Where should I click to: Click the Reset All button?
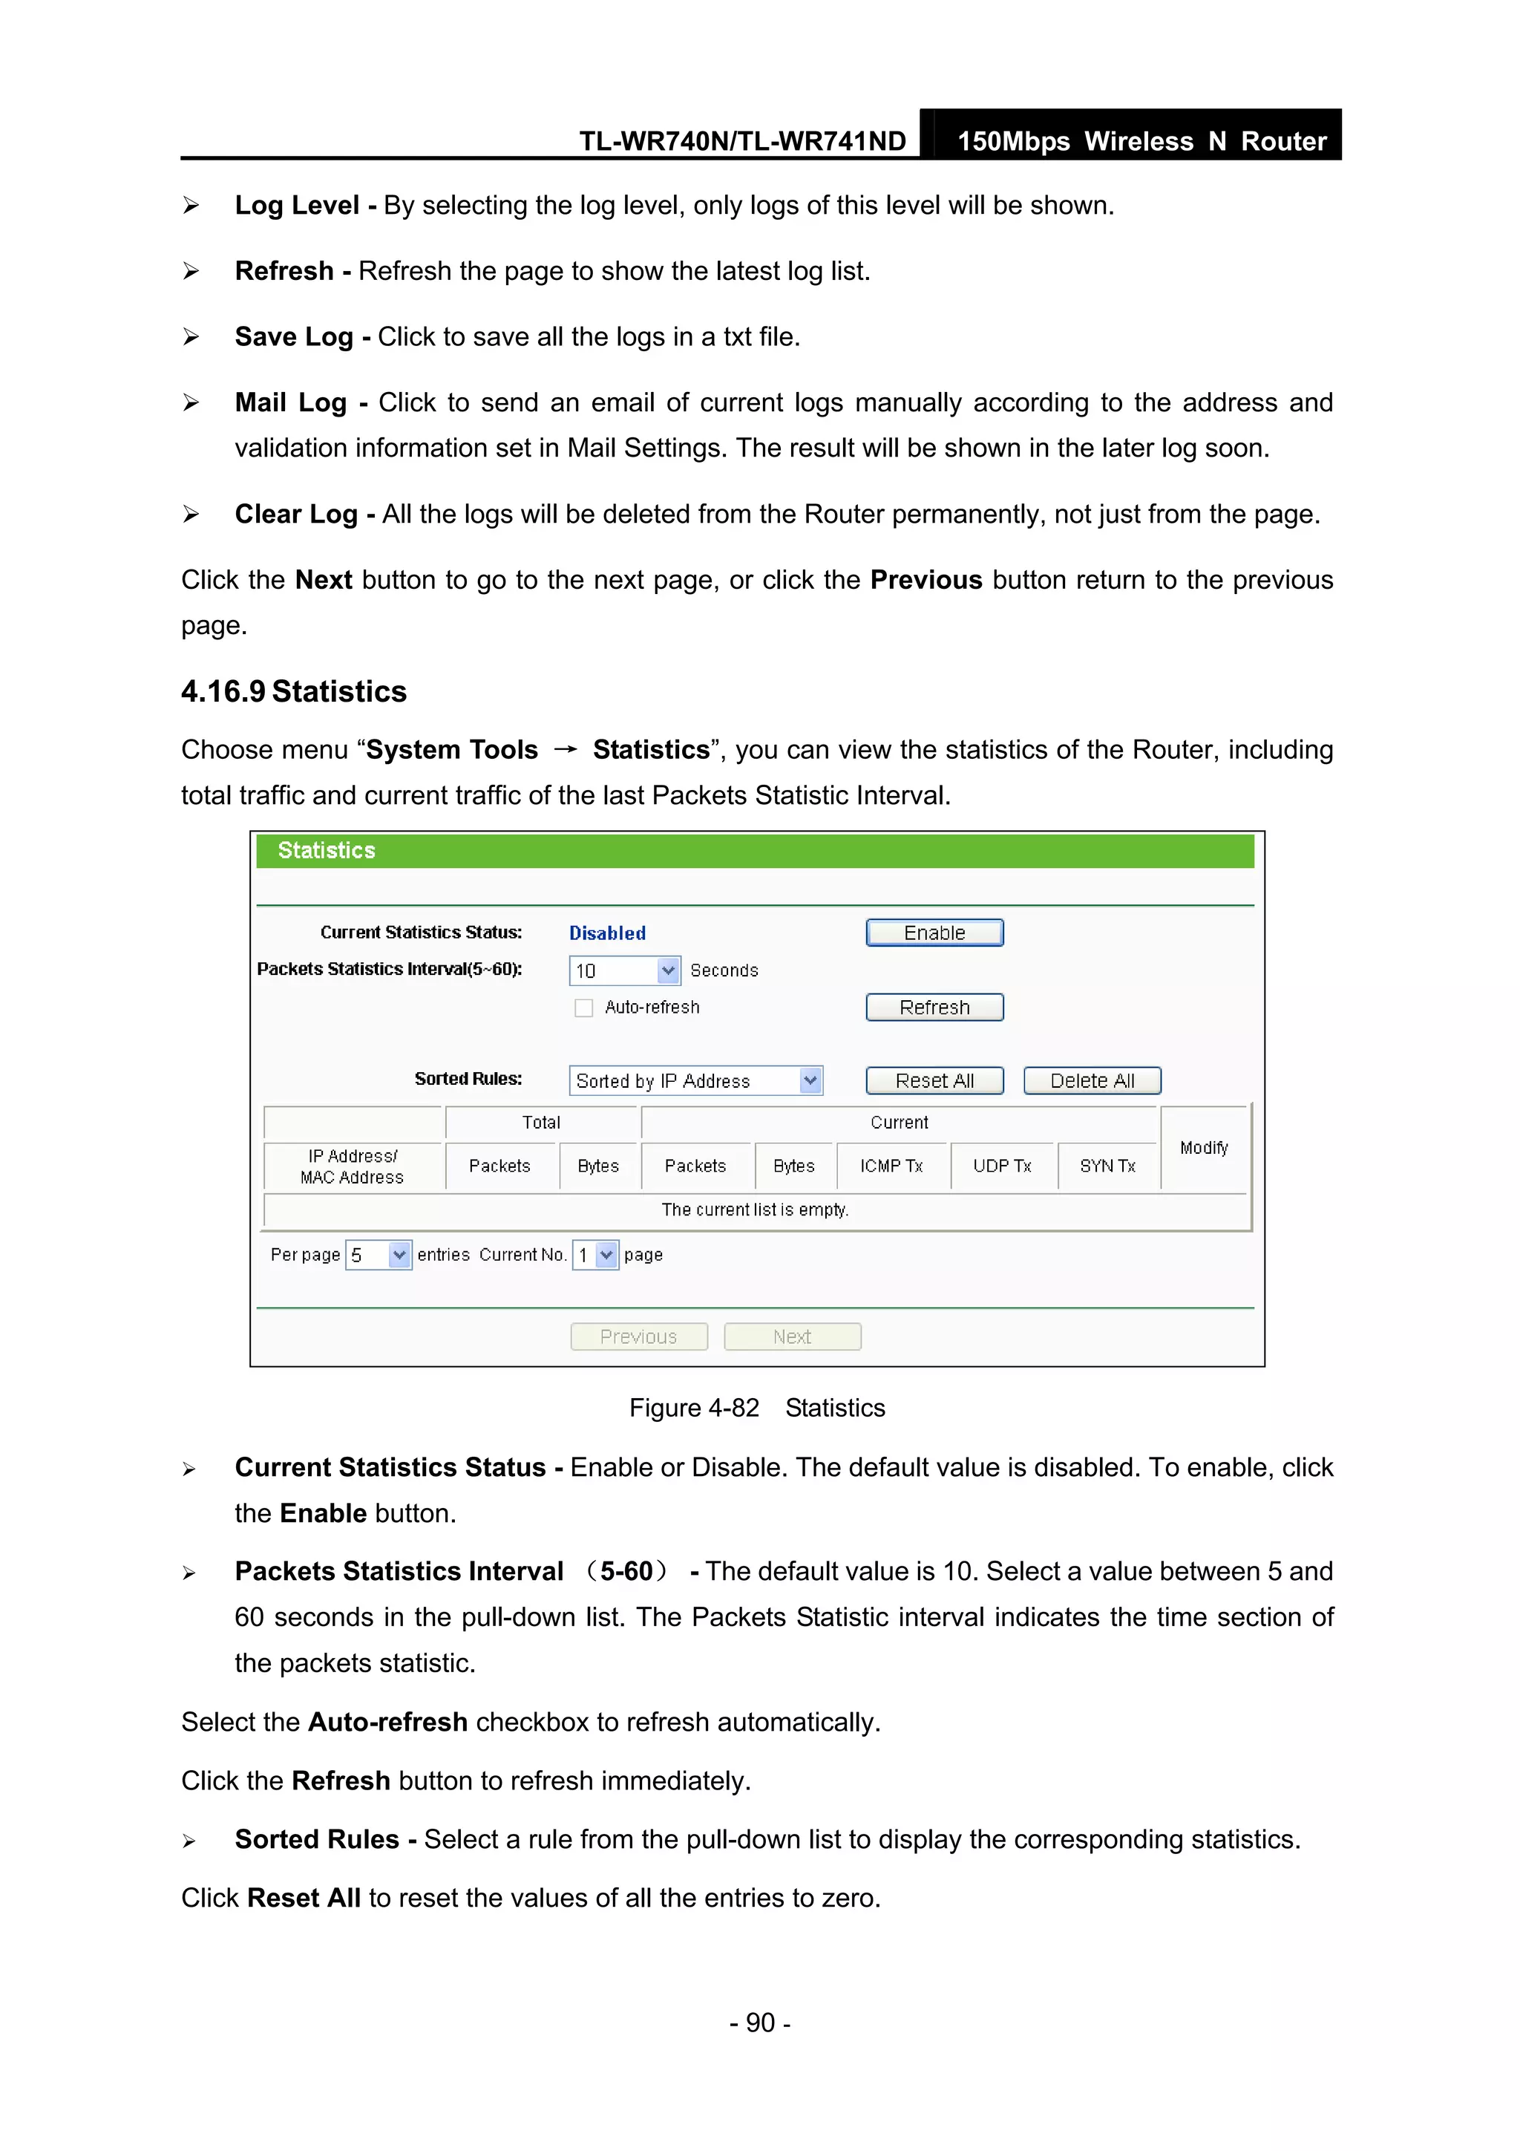[934, 1080]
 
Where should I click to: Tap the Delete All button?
[1091, 1080]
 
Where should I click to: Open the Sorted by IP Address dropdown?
[695, 1080]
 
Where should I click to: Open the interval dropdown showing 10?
[623, 970]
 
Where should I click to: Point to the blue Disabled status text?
[607, 933]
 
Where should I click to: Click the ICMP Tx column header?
[891, 1166]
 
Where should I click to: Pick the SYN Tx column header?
[1107, 1166]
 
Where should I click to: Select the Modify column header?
[1203, 1148]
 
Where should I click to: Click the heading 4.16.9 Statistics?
[293, 691]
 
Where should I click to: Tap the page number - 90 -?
[759, 2023]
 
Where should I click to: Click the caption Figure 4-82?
[694, 1407]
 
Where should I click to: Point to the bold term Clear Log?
[296, 515]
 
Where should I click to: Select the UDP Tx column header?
[1001, 1166]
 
